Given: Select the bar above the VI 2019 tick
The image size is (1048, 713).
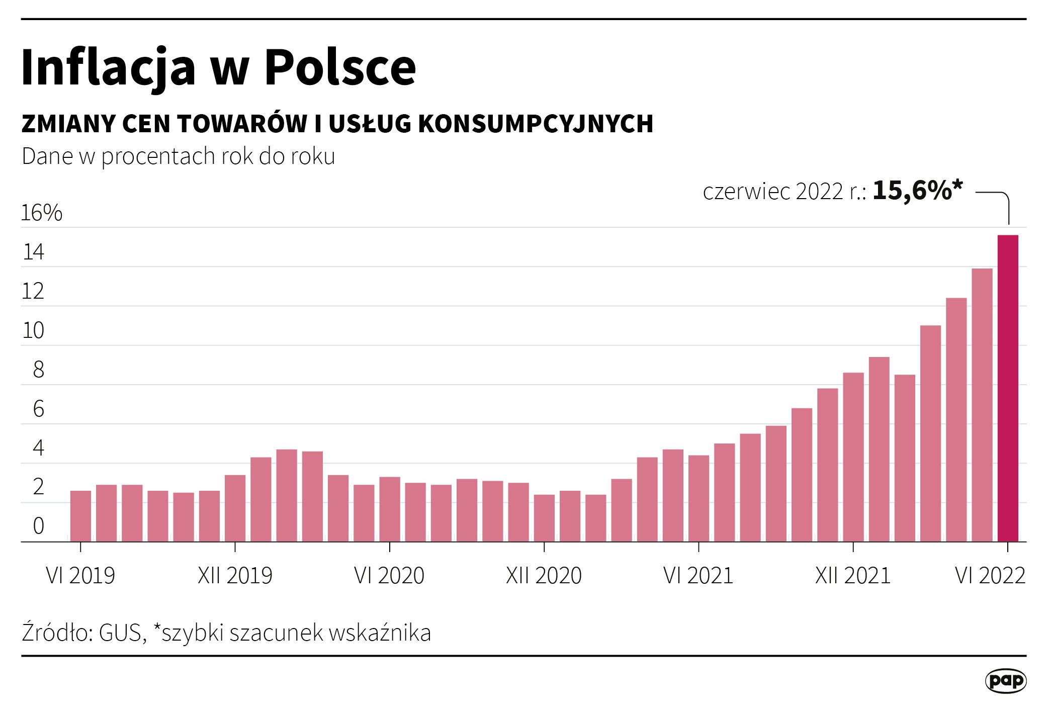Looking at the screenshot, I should click(x=80, y=516).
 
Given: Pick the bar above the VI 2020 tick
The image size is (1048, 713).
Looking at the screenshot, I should click(x=390, y=509).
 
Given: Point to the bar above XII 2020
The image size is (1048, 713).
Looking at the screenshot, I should click(x=544, y=518).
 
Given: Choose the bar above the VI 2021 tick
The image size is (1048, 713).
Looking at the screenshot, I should click(x=698, y=498).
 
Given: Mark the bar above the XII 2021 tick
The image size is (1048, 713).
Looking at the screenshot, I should click(x=853, y=457).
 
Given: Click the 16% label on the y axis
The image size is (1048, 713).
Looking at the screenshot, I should click(x=41, y=213).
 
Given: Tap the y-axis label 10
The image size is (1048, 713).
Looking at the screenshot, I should click(x=33, y=331).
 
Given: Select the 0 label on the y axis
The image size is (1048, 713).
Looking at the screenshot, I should click(x=38, y=526).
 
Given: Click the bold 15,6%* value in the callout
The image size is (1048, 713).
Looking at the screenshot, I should click(x=917, y=191).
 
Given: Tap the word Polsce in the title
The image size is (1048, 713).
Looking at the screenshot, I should click(x=340, y=67).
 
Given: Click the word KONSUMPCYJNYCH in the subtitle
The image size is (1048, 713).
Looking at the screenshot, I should click(x=536, y=124).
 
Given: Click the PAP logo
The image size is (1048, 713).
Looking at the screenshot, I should click(x=1005, y=681).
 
